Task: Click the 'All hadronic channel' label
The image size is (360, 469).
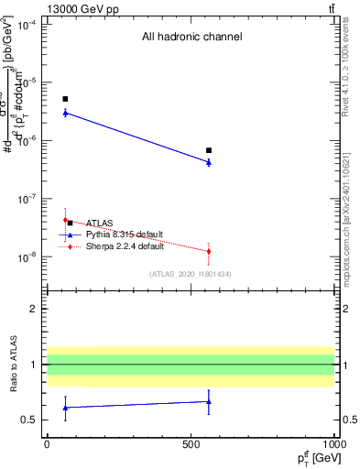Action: click(191, 38)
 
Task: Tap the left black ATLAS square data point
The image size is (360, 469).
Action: click(65, 99)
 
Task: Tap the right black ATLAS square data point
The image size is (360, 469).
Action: click(209, 150)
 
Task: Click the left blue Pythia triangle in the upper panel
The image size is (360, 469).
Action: click(65, 113)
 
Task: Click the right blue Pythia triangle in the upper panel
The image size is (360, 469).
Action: click(209, 162)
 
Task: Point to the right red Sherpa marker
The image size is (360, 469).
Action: click(209, 251)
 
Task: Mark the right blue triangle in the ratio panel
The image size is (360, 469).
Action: click(209, 401)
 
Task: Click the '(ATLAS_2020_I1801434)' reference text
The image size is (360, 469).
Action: click(190, 273)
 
